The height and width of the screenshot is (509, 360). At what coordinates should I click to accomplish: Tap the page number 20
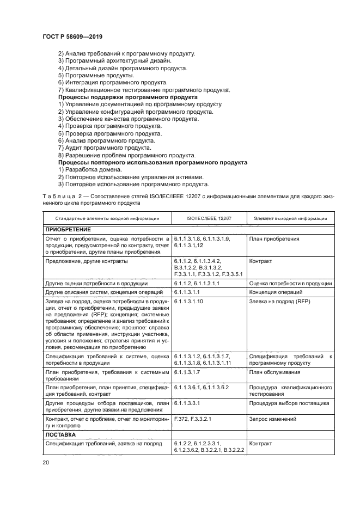45,463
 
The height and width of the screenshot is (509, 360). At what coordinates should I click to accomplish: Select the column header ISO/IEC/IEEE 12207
209,218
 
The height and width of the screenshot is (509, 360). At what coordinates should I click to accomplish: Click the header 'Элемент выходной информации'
290,218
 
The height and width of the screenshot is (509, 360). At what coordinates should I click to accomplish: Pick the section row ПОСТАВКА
60,435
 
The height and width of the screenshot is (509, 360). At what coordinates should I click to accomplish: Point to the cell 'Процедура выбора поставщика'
289,404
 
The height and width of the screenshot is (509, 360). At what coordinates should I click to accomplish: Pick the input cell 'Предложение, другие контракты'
86,261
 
